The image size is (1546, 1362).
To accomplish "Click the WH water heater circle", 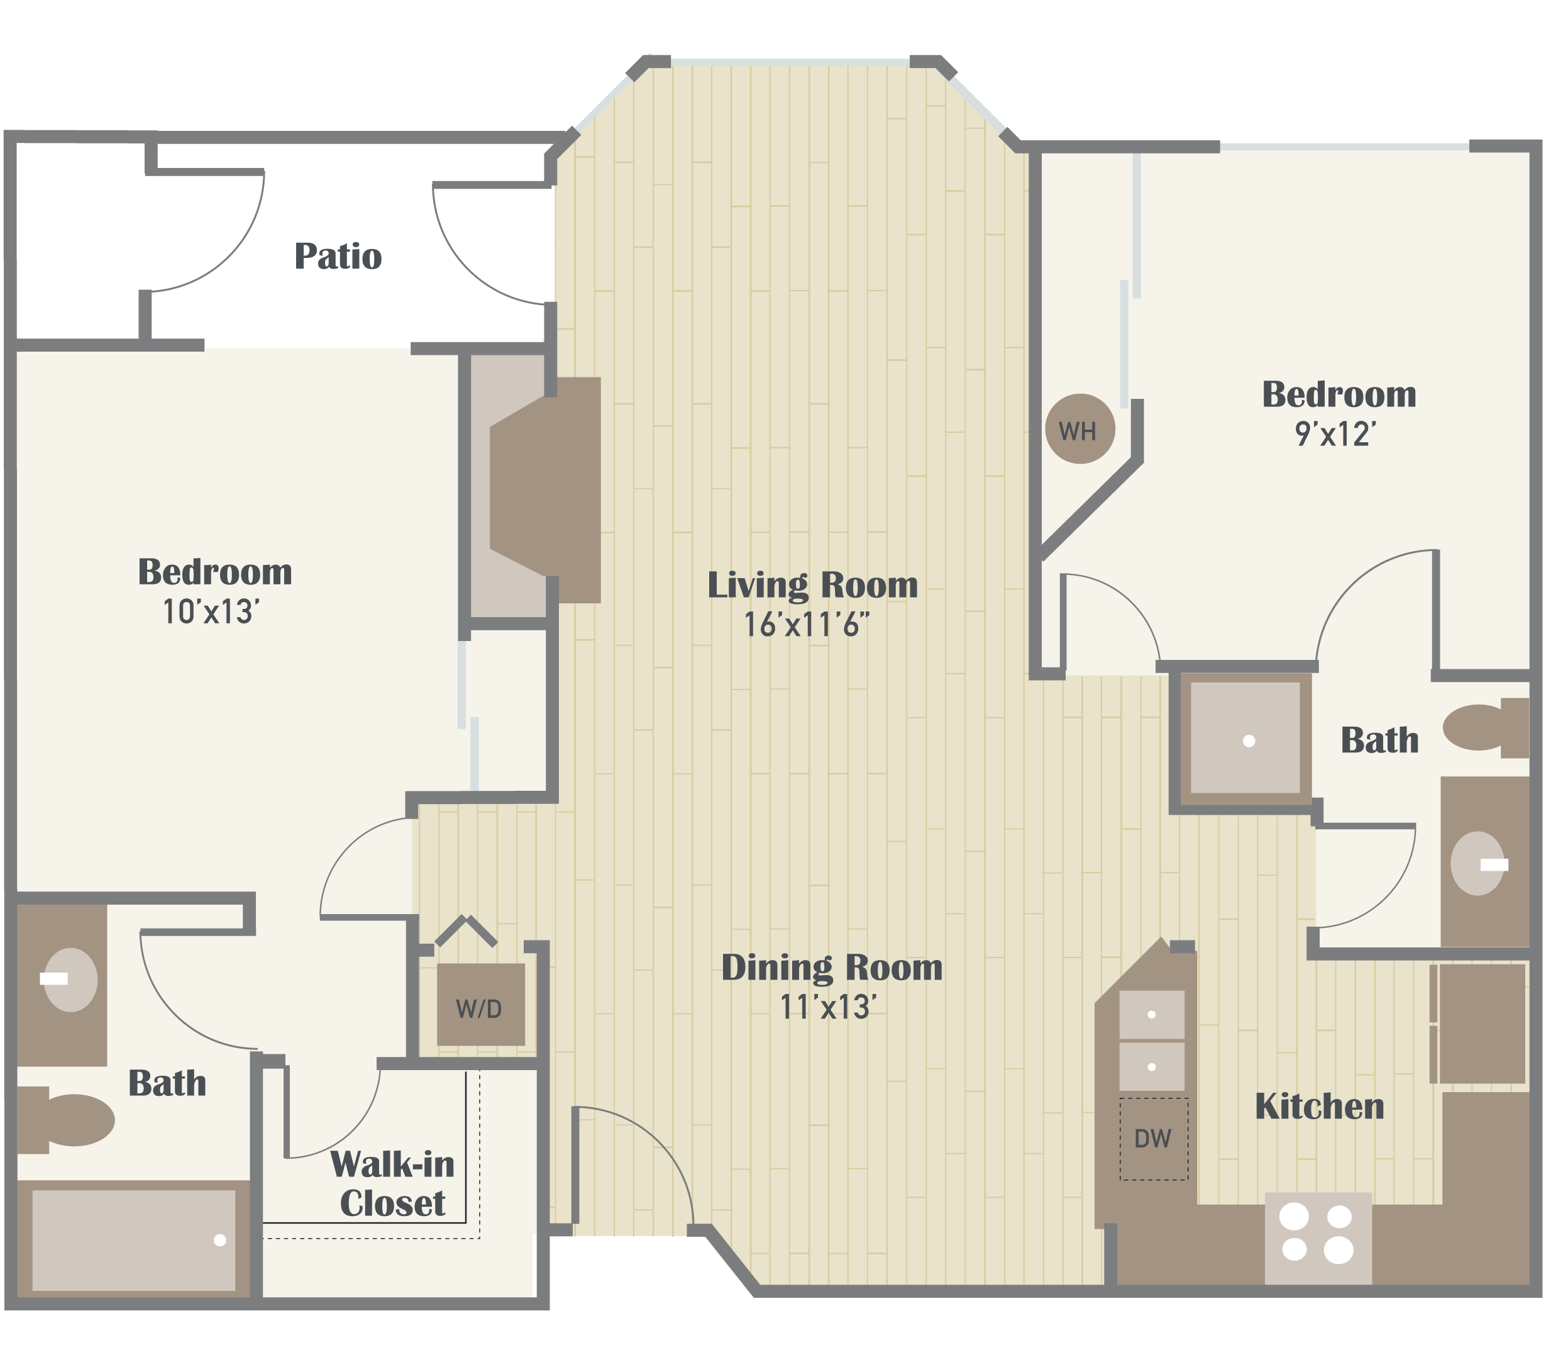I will [x=1079, y=429].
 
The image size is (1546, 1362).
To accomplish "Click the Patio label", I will [x=338, y=256].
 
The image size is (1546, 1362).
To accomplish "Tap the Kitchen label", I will [x=1320, y=1106].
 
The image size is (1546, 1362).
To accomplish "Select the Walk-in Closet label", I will [x=392, y=1184].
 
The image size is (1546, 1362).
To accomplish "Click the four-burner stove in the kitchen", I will [x=1318, y=1238].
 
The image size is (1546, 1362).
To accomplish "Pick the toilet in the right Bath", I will [x=1483, y=727].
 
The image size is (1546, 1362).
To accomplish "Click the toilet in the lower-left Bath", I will [x=68, y=1120].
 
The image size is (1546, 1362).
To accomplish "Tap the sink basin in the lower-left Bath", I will [x=70, y=980].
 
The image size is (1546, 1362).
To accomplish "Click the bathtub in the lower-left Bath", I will [x=133, y=1241].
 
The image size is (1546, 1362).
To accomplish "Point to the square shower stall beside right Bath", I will [x=1245, y=738].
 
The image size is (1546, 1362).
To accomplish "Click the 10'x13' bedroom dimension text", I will [x=211, y=612].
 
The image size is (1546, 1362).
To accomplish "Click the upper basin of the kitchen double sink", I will [x=1151, y=1014].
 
